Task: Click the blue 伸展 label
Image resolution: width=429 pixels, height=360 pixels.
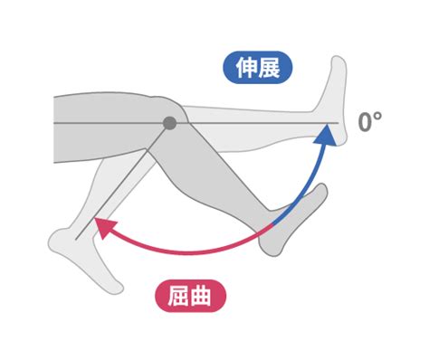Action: coord(258,67)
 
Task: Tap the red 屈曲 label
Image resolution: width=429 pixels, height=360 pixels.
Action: coord(190,296)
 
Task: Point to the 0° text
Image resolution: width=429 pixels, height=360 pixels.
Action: coord(370,122)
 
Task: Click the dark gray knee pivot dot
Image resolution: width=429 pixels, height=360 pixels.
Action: coord(169,123)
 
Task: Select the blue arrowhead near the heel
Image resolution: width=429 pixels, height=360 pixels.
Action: coord(326,135)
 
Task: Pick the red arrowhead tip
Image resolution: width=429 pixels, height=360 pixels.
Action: coord(95,218)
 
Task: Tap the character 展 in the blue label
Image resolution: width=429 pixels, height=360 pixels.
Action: coord(269,68)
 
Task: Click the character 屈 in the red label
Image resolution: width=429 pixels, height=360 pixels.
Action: coord(178,296)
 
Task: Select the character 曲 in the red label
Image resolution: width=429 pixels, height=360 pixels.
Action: coord(201,296)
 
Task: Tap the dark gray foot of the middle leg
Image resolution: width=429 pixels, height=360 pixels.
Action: coord(290,223)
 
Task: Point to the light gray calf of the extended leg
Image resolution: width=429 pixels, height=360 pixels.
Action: coord(251,129)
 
